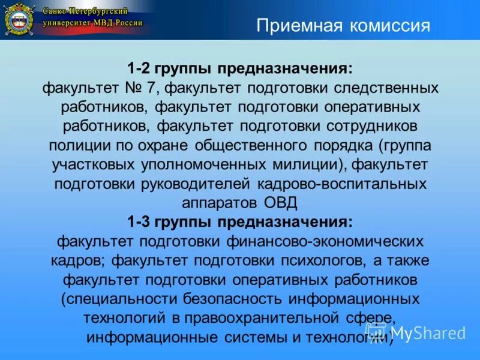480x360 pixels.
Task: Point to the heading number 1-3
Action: click(x=140, y=222)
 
